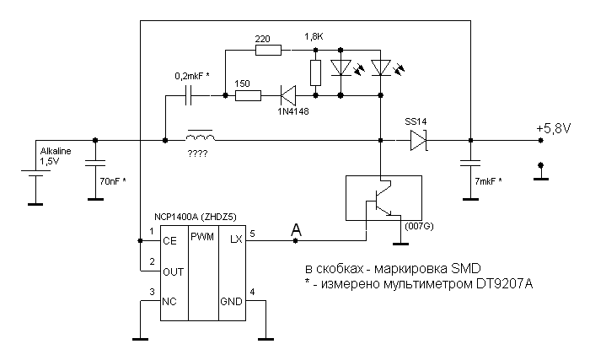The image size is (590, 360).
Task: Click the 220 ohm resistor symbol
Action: coord(267,51)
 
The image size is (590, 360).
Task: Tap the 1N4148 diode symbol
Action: coord(287,95)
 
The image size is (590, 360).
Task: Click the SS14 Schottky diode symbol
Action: coord(420,141)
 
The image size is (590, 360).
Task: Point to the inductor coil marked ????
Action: coord(199,137)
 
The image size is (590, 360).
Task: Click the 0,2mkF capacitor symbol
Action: coord(190,95)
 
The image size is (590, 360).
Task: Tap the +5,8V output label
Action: coord(553,128)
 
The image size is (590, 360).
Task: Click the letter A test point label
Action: coord(295,228)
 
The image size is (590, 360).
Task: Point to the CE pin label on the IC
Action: coord(170,240)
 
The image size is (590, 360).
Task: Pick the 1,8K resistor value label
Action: coord(314,38)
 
